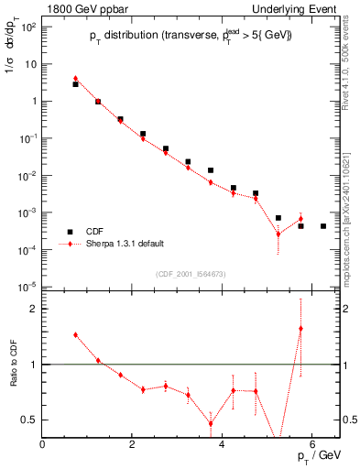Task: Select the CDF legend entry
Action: tap(94, 232)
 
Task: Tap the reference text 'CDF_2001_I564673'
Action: tap(191, 274)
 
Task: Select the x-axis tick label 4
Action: tap(223, 443)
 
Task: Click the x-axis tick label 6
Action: tap(312, 443)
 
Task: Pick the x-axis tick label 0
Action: tap(42, 443)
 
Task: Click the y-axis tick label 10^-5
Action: tap(27, 287)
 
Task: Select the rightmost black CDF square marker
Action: tap(323, 225)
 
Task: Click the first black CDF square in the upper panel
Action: tap(75, 84)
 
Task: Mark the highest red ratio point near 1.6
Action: tap(300, 328)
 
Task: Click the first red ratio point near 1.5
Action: tap(75, 335)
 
